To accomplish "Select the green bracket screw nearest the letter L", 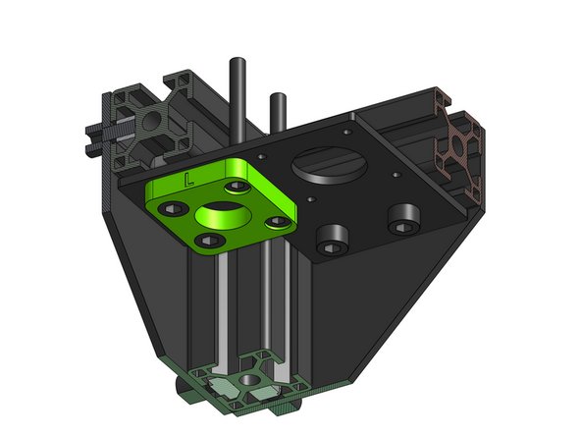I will tap(236, 185).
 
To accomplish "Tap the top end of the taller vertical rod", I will tap(237, 64).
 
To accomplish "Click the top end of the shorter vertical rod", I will tap(278, 97).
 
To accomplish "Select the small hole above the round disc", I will tap(345, 129).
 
